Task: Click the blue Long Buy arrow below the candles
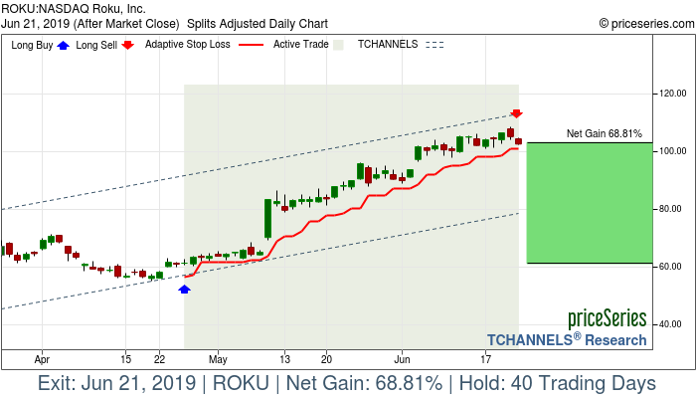click(x=184, y=289)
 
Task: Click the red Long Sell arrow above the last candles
click(x=517, y=114)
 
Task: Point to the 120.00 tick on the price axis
click(x=674, y=94)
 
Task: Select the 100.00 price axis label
click(x=674, y=151)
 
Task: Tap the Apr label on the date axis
click(x=42, y=358)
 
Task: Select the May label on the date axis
click(x=218, y=358)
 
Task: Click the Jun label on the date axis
click(x=402, y=358)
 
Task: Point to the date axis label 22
click(x=159, y=358)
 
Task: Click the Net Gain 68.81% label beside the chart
click(x=604, y=133)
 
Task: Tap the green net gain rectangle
click(x=589, y=203)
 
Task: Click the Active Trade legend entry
click(x=302, y=45)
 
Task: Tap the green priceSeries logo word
click(x=607, y=319)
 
